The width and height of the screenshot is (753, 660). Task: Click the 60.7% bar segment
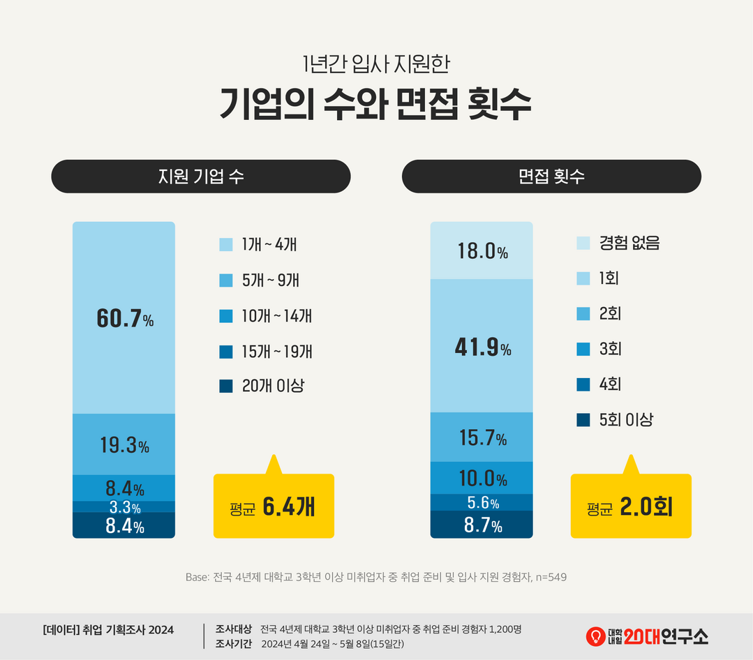124,317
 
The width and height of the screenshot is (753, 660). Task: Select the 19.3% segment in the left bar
124,444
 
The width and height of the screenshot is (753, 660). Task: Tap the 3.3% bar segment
124,507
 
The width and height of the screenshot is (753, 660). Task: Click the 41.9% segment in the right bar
482,346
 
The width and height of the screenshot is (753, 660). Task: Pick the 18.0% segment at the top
482,250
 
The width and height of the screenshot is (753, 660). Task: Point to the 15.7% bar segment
482,437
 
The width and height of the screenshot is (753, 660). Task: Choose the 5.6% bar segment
482,502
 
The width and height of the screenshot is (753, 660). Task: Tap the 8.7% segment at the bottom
482,525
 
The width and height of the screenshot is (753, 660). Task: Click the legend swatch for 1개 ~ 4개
226,245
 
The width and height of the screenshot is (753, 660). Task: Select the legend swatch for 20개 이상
226,386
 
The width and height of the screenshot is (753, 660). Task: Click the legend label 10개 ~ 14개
276,315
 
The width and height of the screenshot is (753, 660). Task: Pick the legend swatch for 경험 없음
583,243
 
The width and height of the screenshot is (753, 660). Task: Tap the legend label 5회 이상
626,419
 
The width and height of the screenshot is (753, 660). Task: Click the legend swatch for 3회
583,349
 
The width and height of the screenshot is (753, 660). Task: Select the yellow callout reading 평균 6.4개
274,506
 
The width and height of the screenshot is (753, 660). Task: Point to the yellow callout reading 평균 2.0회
631,506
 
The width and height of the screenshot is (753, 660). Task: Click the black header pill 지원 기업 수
201,177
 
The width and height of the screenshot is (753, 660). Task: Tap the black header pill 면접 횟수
551,177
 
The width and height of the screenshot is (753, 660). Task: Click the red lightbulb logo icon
595,636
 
